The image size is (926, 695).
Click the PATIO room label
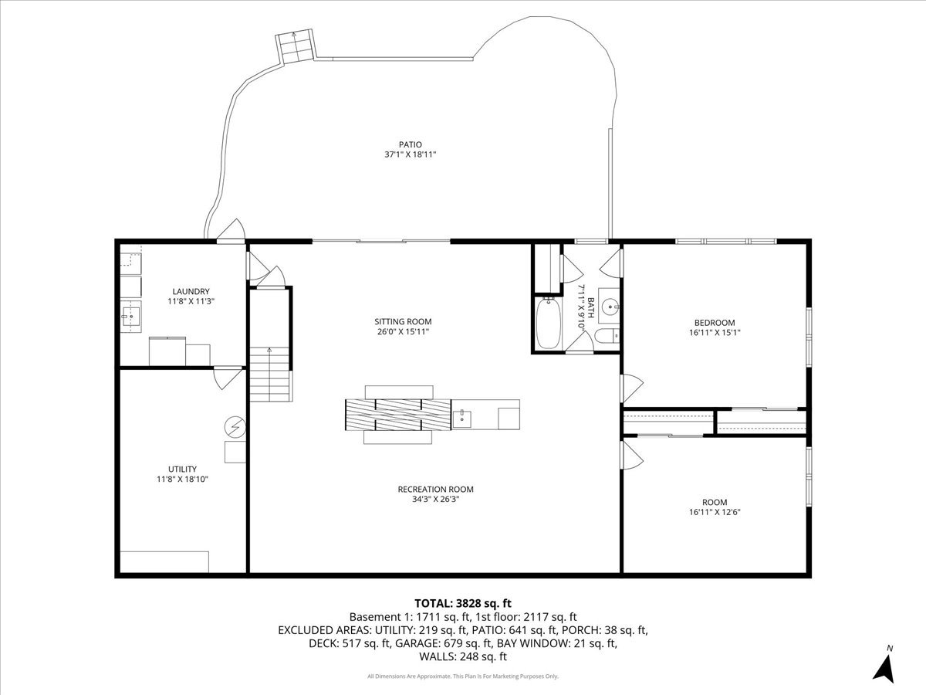coord(411,144)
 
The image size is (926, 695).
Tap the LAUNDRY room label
coord(191,291)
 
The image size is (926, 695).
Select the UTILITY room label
coord(182,469)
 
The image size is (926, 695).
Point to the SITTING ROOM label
coord(403,321)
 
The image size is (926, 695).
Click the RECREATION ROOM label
coord(435,489)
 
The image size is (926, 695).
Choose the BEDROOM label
coord(715,323)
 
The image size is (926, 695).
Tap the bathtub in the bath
coord(549,322)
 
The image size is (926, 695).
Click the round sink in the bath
coord(611,307)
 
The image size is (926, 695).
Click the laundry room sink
coord(130,315)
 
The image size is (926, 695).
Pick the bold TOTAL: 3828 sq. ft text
coord(463,603)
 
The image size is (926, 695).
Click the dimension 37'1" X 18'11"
coord(411,154)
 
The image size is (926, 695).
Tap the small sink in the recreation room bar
coord(463,418)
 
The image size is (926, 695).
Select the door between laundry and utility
coord(224,376)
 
